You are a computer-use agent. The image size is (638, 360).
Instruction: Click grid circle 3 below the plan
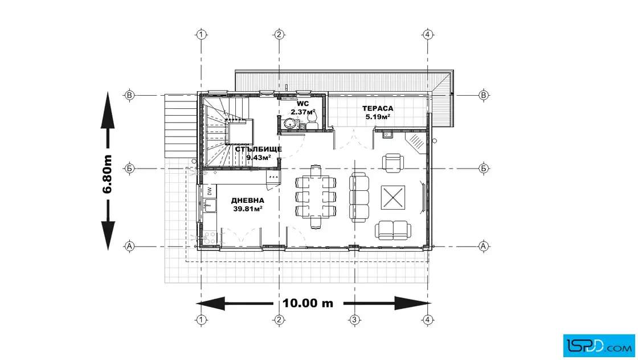click(x=354, y=320)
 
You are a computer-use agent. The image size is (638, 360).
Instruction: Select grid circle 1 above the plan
click(x=201, y=35)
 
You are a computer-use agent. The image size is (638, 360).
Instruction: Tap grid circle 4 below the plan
click(x=427, y=320)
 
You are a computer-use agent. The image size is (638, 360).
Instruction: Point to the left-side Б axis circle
click(x=129, y=168)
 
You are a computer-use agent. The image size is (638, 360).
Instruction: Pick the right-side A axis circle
click(x=484, y=246)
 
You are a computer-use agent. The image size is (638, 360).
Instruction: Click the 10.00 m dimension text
click(x=308, y=304)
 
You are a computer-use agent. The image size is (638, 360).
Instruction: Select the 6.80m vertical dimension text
click(x=107, y=174)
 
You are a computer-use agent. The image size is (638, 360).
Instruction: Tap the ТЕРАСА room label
click(x=378, y=109)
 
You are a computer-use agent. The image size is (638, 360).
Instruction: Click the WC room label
click(x=302, y=104)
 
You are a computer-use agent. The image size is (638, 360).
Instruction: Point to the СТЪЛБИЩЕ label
click(x=259, y=149)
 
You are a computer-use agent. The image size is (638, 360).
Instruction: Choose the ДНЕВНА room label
click(x=247, y=201)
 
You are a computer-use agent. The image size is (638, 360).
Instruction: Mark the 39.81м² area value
click(x=247, y=209)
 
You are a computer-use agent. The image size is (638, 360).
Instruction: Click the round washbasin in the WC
click(x=291, y=123)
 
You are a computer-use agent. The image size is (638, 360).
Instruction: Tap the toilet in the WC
click(x=312, y=120)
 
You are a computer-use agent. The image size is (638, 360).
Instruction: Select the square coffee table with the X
click(x=393, y=198)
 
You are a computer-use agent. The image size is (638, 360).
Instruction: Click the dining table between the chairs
click(x=316, y=197)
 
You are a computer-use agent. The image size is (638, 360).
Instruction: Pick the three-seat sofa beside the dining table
click(x=359, y=197)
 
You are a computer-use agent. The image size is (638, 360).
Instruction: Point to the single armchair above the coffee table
click(x=393, y=163)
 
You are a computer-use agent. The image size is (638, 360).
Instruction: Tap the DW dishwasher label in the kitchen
click(x=210, y=191)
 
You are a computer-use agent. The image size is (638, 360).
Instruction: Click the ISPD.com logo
click(x=599, y=346)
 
